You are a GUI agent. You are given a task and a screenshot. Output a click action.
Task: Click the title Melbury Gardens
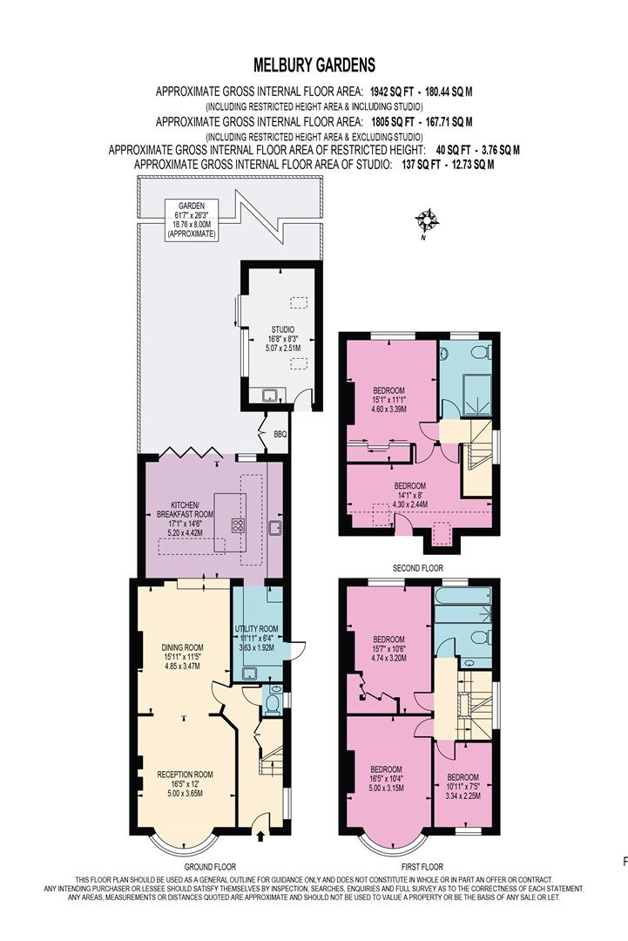tap(314, 64)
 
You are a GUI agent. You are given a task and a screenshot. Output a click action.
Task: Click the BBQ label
tap(280, 434)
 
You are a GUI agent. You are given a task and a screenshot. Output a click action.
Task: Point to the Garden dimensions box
tap(193, 220)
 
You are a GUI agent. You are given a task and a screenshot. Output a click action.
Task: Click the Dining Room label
tap(182, 653)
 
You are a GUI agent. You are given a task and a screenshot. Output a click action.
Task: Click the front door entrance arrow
tap(261, 836)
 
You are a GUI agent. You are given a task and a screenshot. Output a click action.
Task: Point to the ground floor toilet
tap(272, 703)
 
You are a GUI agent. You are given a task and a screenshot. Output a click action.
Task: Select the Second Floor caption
tap(419, 567)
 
